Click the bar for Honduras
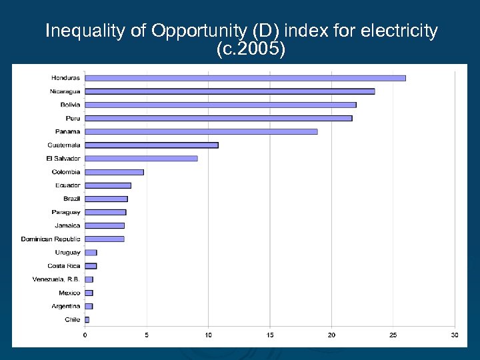coord(245,78)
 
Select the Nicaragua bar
coord(229,91)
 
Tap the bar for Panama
coord(201,131)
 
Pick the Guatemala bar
coord(151,145)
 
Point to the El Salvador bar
coord(141,158)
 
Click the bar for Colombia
coord(114,172)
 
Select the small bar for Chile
coord(87,319)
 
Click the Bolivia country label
coord(69,105)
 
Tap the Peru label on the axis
coord(73,118)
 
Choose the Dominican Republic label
coord(51,239)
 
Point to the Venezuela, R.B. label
coord(56,279)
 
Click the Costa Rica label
coord(64,266)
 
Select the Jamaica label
coord(67,225)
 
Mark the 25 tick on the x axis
coord(393,335)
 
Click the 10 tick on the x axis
coord(208,335)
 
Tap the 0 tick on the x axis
coord(85,335)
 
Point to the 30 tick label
coord(455,335)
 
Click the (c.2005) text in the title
coord(251,49)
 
